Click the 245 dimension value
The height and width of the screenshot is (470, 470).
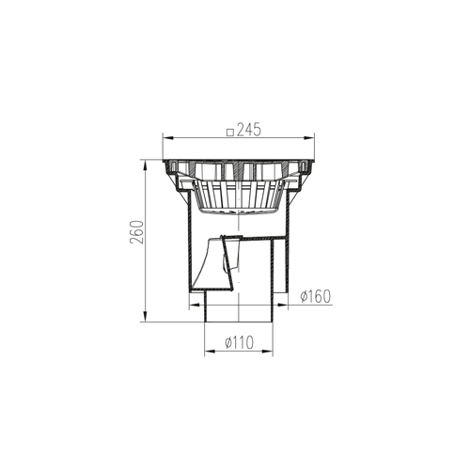click(249, 130)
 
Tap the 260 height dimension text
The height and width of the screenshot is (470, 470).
click(137, 232)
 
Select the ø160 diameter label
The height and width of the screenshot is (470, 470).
click(315, 296)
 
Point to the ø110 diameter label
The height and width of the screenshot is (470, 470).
click(239, 343)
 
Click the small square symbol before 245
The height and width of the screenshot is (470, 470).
click(230, 133)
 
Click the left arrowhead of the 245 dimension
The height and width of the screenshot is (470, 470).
click(168, 137)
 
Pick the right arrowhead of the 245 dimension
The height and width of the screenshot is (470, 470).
click(308, 137)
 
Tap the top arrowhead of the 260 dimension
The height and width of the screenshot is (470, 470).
click(145, 165)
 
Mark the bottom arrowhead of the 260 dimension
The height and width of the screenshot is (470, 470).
click(145, 316)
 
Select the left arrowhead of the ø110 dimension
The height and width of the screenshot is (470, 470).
click(210, 352)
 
